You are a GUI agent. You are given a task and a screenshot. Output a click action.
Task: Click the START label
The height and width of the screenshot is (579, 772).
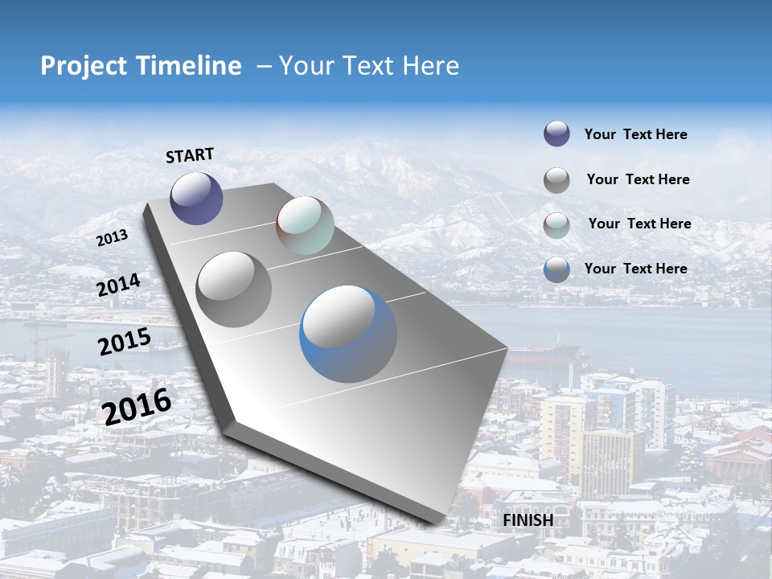pyautogui.click(x=190, y=154)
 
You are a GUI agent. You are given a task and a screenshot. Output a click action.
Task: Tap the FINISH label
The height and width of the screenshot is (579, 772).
pyautogui.click(x=528, y=520)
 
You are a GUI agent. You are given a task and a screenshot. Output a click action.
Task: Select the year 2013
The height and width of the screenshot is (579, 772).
pyautogui.click(x=112, y=238)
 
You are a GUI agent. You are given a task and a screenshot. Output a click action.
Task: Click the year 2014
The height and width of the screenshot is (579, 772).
pyautogui.click(x=118, y=285)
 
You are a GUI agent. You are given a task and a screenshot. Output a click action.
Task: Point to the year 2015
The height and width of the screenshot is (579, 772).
pyautogui.click(x=124, y=342)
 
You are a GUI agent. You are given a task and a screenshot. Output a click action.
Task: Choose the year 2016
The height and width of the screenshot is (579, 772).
pyautogui.click(x=137, y=406)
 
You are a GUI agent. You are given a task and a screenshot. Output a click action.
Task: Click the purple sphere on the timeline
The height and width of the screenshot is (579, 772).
pyautogui.click(x=196, y=198)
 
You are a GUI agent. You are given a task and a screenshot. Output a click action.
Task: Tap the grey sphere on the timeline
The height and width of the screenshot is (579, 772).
pyautogui.click(x=234, y=289)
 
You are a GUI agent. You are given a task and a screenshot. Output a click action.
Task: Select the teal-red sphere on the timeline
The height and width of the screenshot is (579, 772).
pyautogui.click(x=305, y=225)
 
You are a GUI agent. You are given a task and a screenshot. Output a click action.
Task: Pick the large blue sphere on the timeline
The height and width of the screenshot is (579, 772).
pyautogui.click(x=348, y=334)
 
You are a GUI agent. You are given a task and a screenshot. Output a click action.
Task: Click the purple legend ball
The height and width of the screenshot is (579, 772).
pyautogui.click(x=556, y=133)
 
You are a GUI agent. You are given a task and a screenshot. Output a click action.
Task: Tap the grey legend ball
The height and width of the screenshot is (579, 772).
pyautogui.click(x=556, y=179)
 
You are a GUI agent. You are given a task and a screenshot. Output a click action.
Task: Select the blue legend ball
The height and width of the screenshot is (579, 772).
pyautogui.click(x=556, y=269)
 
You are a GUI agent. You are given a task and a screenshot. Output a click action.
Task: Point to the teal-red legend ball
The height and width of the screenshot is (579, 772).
pyautogui.click(x=556, y=224)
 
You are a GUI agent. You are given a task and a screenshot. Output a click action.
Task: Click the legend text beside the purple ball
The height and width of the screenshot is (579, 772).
pyautogui.click(x=635, y=134)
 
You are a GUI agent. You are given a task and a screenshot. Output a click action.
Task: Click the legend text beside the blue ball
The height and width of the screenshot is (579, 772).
pyautogui.click(x=635, y=269)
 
